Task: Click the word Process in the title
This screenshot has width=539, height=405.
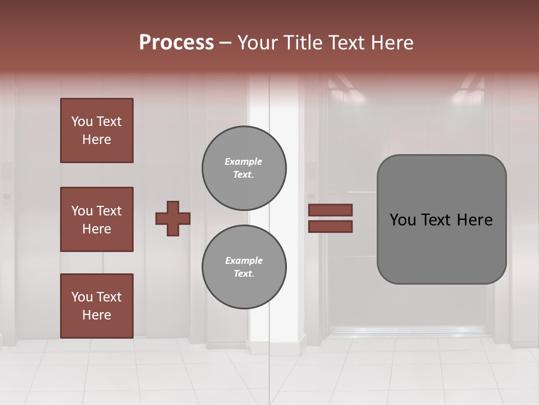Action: [x=176, y=43]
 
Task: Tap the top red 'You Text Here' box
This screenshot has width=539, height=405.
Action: [x=97, y=130]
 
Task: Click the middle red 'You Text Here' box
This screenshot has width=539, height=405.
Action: [x=97, y=219]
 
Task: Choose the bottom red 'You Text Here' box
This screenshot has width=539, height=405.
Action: [x=97, y=306]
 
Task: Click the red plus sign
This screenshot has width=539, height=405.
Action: [x=173, y=218]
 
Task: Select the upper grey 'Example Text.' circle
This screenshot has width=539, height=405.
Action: [x=244, y=168]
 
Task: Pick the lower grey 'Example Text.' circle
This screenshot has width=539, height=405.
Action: [x=244, y=267]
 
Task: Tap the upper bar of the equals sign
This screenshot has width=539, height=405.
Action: [x=331, y=210]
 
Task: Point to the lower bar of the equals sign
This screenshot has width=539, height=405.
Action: [x=331, y=227]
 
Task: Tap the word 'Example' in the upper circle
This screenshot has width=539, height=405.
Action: [x=243, y=161]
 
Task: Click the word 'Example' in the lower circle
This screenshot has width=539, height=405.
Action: [x=244, y=260]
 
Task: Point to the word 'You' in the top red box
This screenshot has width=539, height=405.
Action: [x=81, y=121]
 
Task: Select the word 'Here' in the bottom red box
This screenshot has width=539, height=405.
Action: [x=97, y=315]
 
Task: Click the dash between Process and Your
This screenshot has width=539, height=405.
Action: [x=226, y=43]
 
